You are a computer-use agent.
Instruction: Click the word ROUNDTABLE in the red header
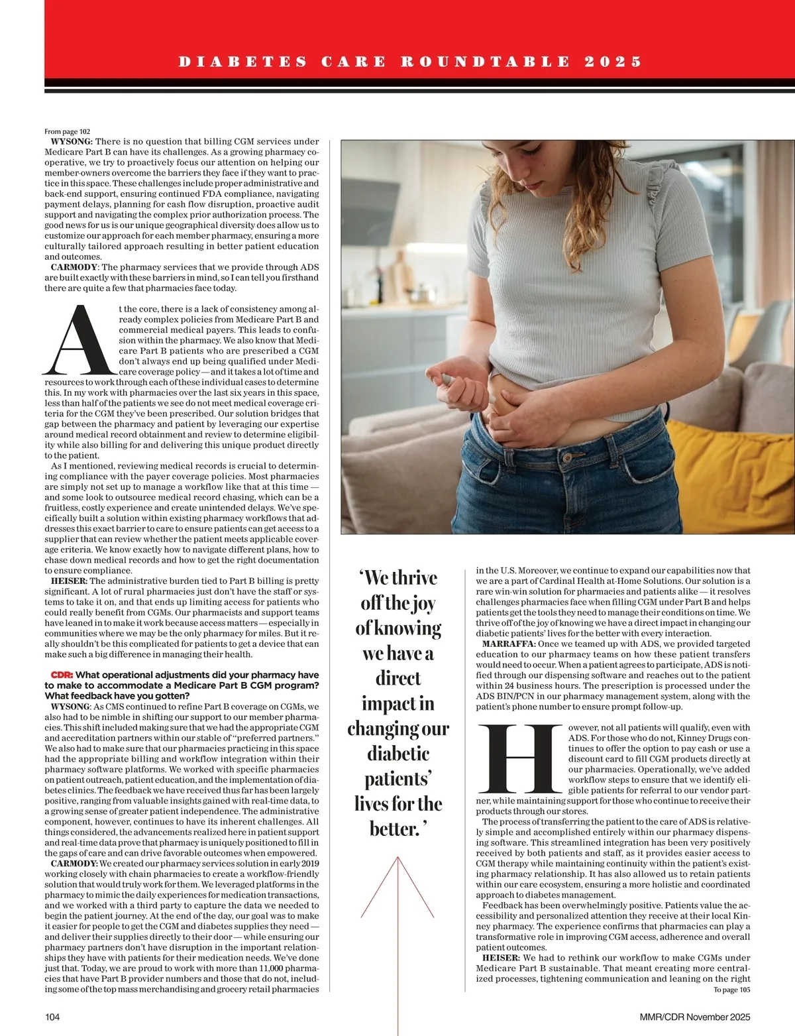(485, 62)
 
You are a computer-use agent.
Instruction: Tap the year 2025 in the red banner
(613, 62)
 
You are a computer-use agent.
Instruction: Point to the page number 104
(52, 1017)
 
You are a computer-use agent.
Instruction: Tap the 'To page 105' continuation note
(731, 990)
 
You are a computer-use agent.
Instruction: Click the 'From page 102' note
(67, 132)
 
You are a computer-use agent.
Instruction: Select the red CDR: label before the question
(62, 675)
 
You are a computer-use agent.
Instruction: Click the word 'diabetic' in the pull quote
(398, 754)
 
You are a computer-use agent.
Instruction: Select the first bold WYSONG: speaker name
(72, 141)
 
